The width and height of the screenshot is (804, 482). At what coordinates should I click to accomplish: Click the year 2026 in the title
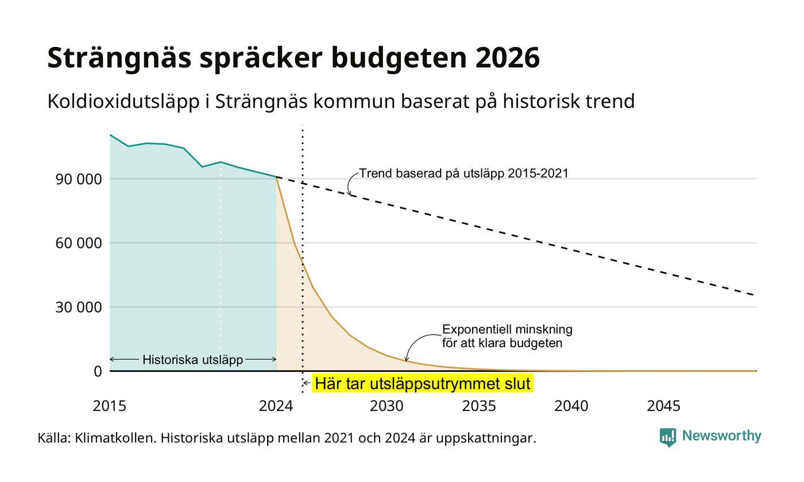click(x=508, y=58)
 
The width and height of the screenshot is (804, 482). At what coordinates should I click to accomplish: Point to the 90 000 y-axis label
click(x=79, y=179)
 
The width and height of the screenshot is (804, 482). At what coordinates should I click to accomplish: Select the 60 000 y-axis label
click(x=79, y=243)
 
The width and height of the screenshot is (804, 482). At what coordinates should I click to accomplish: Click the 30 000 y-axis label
click(x=79, y=308)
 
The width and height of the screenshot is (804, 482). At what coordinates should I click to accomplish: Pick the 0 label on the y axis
click(x=98, y=372)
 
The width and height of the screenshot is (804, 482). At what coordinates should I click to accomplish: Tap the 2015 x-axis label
click(x=110, y=406)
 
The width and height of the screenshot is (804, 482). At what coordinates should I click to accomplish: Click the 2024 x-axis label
click(x=276, y=406)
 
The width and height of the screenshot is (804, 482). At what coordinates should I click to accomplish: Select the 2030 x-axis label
click(x=386, y=406)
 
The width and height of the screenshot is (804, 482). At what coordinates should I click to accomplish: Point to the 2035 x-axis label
click(x=479, y=406)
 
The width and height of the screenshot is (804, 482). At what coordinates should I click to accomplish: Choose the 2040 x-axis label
click(x=571, y=406)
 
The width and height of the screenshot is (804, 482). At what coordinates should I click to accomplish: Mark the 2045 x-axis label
click(x=663, y=406)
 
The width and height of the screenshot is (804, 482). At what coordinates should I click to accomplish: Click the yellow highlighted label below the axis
click(x=423, y=383)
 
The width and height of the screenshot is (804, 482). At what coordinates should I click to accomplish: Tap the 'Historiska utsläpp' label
click(x=193, y=360)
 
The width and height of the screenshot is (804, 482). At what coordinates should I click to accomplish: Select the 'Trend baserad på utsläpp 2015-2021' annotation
click(x=464, y=173)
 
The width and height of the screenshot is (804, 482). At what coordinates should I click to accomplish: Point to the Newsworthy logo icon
click(x=667, y=437)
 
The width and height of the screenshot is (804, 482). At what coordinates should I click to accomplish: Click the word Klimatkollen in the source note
click(x=115, y=438)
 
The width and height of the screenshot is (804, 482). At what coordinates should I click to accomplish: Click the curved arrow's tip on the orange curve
click(x=407, y=361)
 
